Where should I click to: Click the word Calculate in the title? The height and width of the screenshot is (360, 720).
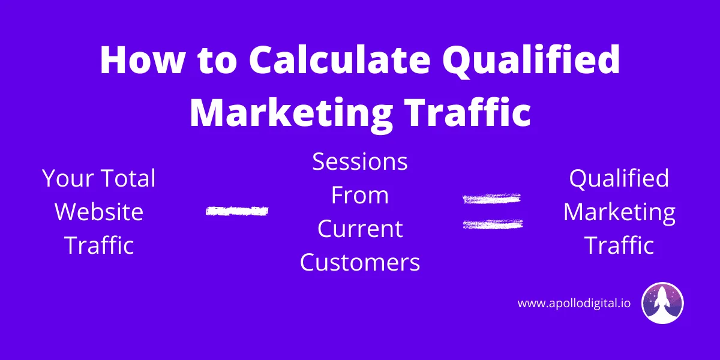click(x=340, y=60)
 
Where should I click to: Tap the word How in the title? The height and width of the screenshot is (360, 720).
click(x=142, y=60)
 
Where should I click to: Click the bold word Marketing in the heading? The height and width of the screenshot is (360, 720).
click(x=291, y=113)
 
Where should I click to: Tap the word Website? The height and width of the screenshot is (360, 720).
click(x=99, y=212)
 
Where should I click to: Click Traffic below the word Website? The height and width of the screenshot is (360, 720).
click(x=99, y=245)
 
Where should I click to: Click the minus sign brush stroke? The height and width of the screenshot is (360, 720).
click(x=237, y=211)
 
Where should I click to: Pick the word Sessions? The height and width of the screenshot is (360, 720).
click(x=360, y=161)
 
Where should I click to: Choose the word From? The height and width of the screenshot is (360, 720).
click(x=360, y=195)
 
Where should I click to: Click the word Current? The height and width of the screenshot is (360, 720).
click(x=360, y=229)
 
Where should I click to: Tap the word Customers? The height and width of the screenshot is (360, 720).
click(x=360, y=262)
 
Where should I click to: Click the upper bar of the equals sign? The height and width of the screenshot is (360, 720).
click(x=492, y=199)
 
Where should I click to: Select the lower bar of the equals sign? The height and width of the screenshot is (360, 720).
click(x=493, y=224)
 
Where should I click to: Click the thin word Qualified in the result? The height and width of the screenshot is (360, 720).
click(x=619, y=179)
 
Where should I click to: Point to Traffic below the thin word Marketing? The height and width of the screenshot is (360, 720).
click(x=619, y=245)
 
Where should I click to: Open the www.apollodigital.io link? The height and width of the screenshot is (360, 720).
click(x=574, y=304)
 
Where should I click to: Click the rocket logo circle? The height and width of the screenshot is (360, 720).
click(x=662, y=303)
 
